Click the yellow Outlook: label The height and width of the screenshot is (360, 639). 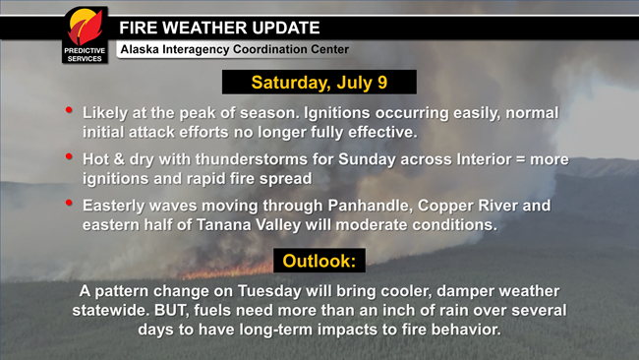point(319,261)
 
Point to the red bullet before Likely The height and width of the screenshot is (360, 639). point(68,110)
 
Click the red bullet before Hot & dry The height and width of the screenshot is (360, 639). point(68,156)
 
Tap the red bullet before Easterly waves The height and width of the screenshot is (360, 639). point(68,203)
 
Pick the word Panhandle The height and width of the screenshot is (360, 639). point(350,206)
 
